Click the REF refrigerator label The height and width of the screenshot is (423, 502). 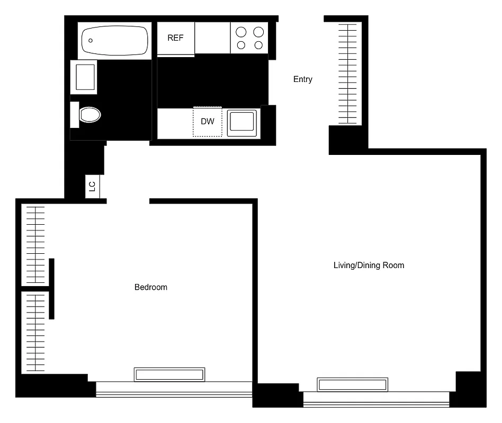coord(175,38)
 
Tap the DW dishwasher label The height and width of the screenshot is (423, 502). coord(208,122)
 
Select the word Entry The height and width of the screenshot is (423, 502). coord(303,79)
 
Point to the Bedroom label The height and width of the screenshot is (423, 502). coord(151,287)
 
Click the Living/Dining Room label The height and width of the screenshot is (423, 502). coord(369,265)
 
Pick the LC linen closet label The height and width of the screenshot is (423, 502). coord(92,186)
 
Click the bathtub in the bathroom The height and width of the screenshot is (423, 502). coord(114,40)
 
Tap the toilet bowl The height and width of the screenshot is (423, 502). coord(90,114)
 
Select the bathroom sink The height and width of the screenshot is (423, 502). coord(85,77)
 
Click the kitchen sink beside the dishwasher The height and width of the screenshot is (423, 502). coord(243,123)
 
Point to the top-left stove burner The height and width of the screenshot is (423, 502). coord(241,31)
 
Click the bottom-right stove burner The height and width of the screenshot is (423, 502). coord(258,45)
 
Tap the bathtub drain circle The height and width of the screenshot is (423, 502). coord(91,40)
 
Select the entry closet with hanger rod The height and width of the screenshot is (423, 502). coord(347,73)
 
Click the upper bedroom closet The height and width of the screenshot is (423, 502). coord(35,244)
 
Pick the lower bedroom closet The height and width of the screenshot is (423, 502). coord(35,332)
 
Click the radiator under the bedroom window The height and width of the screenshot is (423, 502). coord(169,374)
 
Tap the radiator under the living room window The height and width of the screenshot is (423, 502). coord(352,384)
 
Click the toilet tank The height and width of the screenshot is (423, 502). coord(75,114)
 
